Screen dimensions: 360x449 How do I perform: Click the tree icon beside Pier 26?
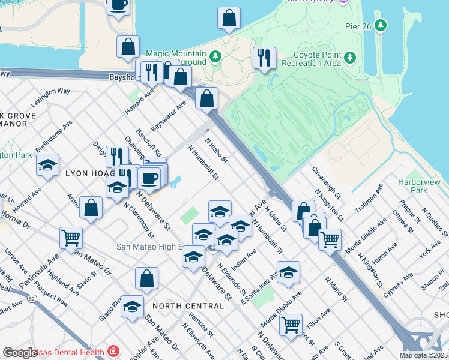pyautogui.click(x=380, y=25)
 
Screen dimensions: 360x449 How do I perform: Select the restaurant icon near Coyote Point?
pyautogui.click(x=264, y=58)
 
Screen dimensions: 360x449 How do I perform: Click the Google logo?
pyautogui.click(x=20, y=353)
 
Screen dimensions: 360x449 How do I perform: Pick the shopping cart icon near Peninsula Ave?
pyautogui.click(x=71, y=238)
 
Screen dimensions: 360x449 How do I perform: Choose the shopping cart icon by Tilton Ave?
pyautogui.click(x=291, y=325)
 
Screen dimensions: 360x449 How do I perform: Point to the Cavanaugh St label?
pyautogui.click(x=326, y=183)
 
